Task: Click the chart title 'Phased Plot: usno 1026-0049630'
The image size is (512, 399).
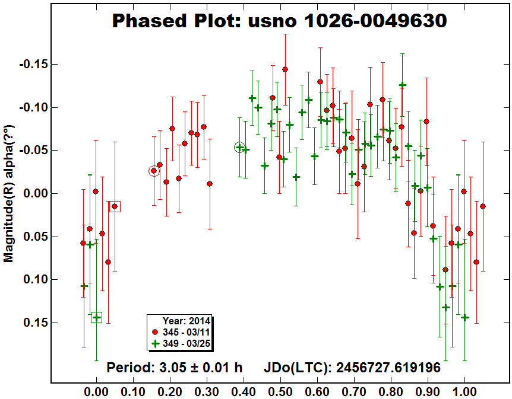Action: click(280, 21)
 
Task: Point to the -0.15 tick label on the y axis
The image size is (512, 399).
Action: click(34, 64)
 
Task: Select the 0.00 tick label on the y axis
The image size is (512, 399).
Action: click(36, 194)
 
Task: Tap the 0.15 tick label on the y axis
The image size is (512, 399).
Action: click(36, 323)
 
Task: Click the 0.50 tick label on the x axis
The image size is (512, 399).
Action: click(280, 391)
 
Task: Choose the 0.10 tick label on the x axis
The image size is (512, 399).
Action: click(133, 391)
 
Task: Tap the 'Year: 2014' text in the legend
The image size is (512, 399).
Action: click(187, 321)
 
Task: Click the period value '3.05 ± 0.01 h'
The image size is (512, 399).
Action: click(201, 368)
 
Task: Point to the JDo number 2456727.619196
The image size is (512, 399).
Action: click(388, 368)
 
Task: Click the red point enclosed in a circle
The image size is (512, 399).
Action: click(154, 171)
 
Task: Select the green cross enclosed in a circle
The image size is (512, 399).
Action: click(239, 148)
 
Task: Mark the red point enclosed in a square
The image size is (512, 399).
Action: click(115, 206)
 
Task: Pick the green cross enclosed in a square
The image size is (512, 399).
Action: click(96, 317)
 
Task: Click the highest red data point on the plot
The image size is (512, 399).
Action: click(285, 69)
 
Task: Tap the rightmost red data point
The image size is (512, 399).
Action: click(483, 206)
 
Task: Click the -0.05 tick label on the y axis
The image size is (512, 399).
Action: click(34, 151)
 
